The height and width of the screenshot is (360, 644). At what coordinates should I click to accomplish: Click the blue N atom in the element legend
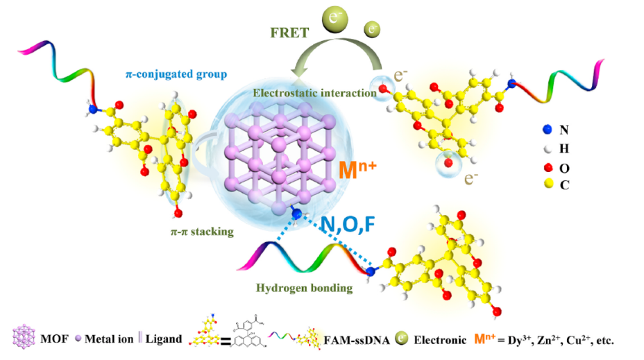[x=548, y=130]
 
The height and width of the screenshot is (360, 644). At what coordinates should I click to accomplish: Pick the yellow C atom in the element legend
[x=548, y=184]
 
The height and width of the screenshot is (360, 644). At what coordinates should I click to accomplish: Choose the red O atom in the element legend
[x=548, y=166]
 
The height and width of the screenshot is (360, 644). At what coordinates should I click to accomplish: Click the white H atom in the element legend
[x=548, y=148]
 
